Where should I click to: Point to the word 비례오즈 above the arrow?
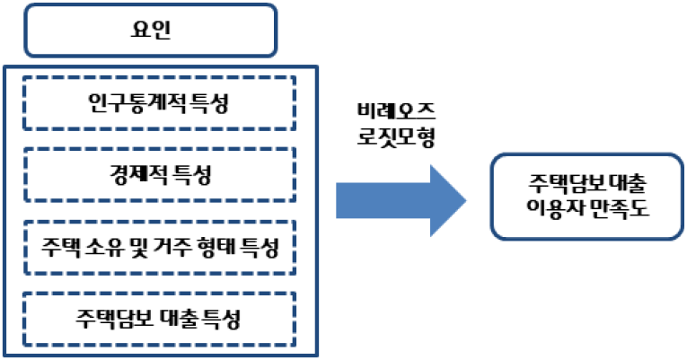(x=395, y=112)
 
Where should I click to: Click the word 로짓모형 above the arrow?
(x=395, y=136)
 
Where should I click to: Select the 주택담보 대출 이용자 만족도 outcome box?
(x=588, y=197)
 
